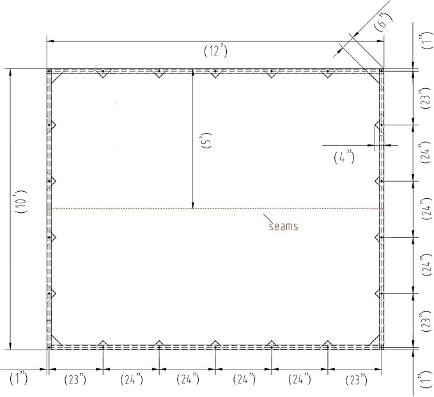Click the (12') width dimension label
(x=215, y=51)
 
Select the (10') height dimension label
(x=21, y=201)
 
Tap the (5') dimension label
(x=208, y=141)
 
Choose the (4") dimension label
(x=344, y=157)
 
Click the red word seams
(x=283, y=226)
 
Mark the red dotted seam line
(x=215, y=208)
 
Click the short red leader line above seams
(x=267, y=217)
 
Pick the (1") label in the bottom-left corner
(x=19, y=378)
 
